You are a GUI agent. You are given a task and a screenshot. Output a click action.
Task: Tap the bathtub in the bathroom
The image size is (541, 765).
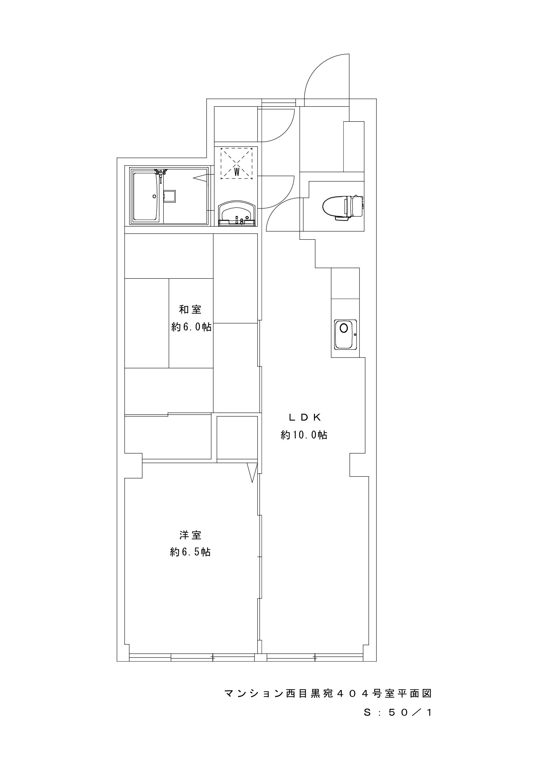(x=145, y=196)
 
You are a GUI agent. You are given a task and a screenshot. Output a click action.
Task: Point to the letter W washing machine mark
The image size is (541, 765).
(x=237, y=172)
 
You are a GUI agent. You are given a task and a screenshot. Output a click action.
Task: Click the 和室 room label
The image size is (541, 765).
(x=190, y=310)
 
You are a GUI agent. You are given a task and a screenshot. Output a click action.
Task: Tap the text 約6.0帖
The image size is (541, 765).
(x=191, y=327)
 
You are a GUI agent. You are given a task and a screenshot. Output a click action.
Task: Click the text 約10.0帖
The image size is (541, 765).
(x=304, y=435)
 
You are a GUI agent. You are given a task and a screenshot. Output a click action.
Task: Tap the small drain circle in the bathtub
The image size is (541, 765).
(x=154, y=196)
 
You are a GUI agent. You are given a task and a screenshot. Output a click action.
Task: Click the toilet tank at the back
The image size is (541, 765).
(x=357, y=206)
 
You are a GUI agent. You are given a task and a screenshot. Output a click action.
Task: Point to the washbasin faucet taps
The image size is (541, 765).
(x=237, y=220)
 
